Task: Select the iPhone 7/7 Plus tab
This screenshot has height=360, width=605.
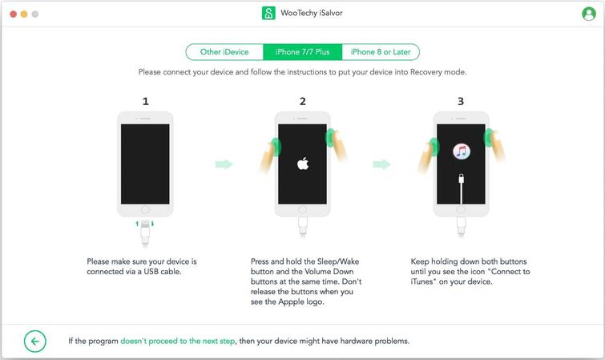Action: pos(302,52)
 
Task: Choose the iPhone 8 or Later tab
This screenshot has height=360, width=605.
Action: pos(380,52)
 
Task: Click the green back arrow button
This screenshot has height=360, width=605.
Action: pos(35,341)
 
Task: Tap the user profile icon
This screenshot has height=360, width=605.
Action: pos(589,14)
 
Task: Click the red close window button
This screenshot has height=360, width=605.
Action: pos(13,14)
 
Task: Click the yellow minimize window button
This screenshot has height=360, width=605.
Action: pos(24,14)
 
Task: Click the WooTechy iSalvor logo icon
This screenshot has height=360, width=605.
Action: pos(268,14)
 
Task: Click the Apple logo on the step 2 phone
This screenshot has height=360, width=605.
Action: pos(302,164)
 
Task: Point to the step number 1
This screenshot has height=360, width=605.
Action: pos(145,102)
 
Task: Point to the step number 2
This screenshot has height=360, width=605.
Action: pos(302,102)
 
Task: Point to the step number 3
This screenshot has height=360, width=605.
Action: pos(460,102)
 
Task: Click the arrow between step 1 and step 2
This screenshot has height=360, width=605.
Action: pos(224,164)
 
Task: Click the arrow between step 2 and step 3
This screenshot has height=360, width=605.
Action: pos(381,164)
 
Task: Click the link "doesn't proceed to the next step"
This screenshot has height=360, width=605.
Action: pos(178,341)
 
